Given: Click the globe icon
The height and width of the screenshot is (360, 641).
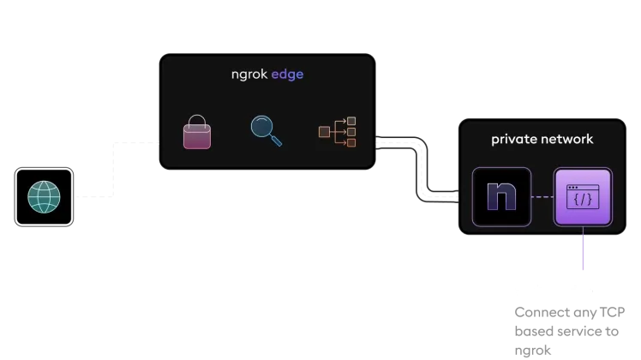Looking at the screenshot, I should [x=44, y=196].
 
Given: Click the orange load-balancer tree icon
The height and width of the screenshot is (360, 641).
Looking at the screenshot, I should [x=337, y=132].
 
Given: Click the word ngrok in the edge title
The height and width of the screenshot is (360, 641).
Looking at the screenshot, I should [x=249, y=75].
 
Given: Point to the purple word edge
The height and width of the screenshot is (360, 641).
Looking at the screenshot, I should [x=287, y=75].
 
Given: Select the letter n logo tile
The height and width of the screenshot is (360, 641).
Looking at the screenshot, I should [x=501, y=196].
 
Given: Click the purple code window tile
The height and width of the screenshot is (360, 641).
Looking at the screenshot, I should [x=583, y=197].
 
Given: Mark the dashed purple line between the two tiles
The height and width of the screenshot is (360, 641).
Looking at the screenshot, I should [x=542, y=197].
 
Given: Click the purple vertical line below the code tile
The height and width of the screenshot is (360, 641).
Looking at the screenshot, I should [x=584, y=254].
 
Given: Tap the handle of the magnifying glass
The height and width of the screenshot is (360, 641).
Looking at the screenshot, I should [x=275, y=140].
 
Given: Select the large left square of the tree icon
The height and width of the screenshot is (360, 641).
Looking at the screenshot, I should [x=324, y=132].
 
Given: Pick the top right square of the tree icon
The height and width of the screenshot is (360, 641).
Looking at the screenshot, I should [x=350, y=122].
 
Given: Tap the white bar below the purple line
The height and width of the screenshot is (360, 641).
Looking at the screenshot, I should [x=555, y=291].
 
